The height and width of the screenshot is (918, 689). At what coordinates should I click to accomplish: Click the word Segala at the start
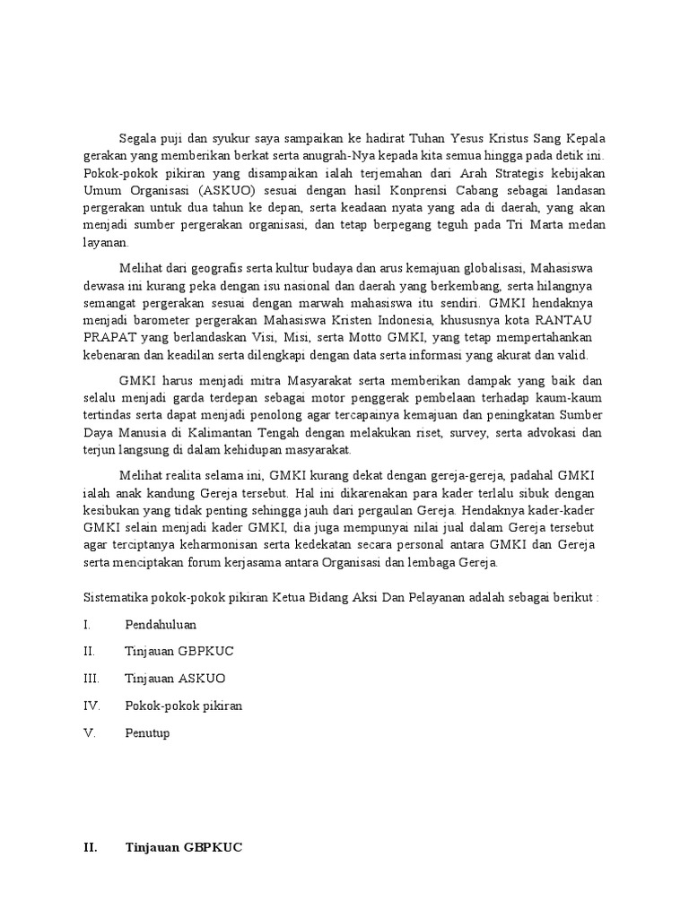click(136, 138)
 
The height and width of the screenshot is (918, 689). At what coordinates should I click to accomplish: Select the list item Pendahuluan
click(161, 625)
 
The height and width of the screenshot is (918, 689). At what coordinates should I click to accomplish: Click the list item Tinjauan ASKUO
click(176, 679)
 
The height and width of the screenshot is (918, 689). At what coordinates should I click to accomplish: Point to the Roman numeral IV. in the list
click(92, 706)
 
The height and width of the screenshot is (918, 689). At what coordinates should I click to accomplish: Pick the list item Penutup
click(147, 732)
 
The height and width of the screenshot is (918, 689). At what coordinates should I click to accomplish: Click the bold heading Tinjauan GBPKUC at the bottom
click(185, 846)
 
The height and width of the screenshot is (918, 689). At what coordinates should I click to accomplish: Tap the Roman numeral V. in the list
click(89, 732)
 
